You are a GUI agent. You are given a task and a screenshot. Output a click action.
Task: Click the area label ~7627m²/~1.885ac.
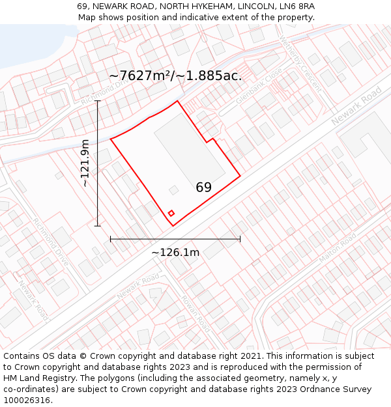click(175, 76)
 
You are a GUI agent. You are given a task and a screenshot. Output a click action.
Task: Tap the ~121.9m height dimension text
click(85, 163)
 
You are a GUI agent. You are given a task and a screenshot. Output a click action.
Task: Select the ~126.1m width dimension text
click(175, 252)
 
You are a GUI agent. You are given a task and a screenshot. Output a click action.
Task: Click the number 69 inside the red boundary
click(203, 188)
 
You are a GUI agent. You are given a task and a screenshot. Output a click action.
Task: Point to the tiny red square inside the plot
click(171, 213)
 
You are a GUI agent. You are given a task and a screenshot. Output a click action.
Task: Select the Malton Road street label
click(337, 247)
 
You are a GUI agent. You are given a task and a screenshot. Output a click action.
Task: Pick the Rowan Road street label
click(195, 314)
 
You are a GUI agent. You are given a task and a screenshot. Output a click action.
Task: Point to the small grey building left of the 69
click(174, 190)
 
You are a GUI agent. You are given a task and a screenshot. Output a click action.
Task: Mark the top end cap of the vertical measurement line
click(98, 101)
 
